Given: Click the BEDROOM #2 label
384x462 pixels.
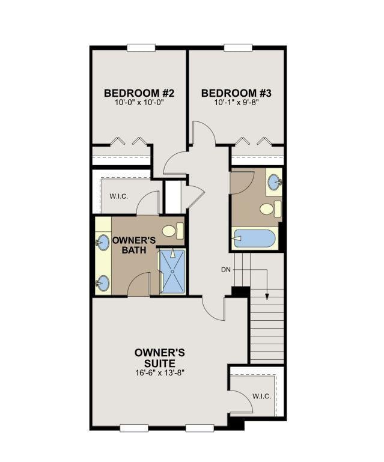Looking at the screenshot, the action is click(139, 93).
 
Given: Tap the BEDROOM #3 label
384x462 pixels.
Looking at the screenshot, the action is click(236, 93).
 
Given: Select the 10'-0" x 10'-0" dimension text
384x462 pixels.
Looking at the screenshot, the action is click(139, 103).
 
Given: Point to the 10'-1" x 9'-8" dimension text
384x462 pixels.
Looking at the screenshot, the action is click(236, 103).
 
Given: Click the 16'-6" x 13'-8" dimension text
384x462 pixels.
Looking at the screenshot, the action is click(160, 372).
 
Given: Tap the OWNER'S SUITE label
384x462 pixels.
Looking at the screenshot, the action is click(160, 357).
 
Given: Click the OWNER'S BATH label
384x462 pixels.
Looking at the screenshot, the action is click(134, 245).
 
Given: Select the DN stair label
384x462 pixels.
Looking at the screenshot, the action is click(225, 269).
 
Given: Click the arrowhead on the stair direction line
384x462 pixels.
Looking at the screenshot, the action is click(267, 296).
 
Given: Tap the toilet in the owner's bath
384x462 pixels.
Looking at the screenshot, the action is click(172, 231).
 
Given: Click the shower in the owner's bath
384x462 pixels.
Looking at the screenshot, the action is click(172, 272).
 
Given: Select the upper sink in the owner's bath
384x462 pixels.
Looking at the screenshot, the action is click(102, 243).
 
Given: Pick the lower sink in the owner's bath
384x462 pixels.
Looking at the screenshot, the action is click(102, 283).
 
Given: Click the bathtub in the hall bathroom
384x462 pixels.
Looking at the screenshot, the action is click(255, 239).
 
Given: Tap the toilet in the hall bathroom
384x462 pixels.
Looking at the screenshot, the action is click(270, 208).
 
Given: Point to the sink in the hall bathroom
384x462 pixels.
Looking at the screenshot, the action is click(275, 182).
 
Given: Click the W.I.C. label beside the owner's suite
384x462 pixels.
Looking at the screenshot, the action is click(261, 397).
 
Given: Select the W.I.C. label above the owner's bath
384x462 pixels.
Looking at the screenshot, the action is click(119, 196).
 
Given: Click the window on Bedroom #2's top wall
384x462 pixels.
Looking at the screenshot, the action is click(141, 47).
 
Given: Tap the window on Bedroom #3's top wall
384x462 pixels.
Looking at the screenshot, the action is click(238, 47).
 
